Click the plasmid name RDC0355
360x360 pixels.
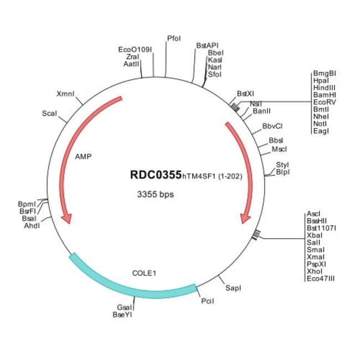[156, 175]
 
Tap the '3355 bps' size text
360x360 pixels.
[156, 195]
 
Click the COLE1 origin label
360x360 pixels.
[145, 273]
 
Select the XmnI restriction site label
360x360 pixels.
[66, 93]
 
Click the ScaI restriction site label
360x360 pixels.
[49, 114]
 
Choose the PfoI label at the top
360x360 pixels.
[174, 38]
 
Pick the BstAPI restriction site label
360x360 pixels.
[207, 45]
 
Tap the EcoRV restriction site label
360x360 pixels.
[324, 102]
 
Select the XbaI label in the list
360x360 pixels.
[314, 235]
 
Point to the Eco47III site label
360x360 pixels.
[320, 279]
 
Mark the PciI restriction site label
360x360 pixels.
[207, 301]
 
